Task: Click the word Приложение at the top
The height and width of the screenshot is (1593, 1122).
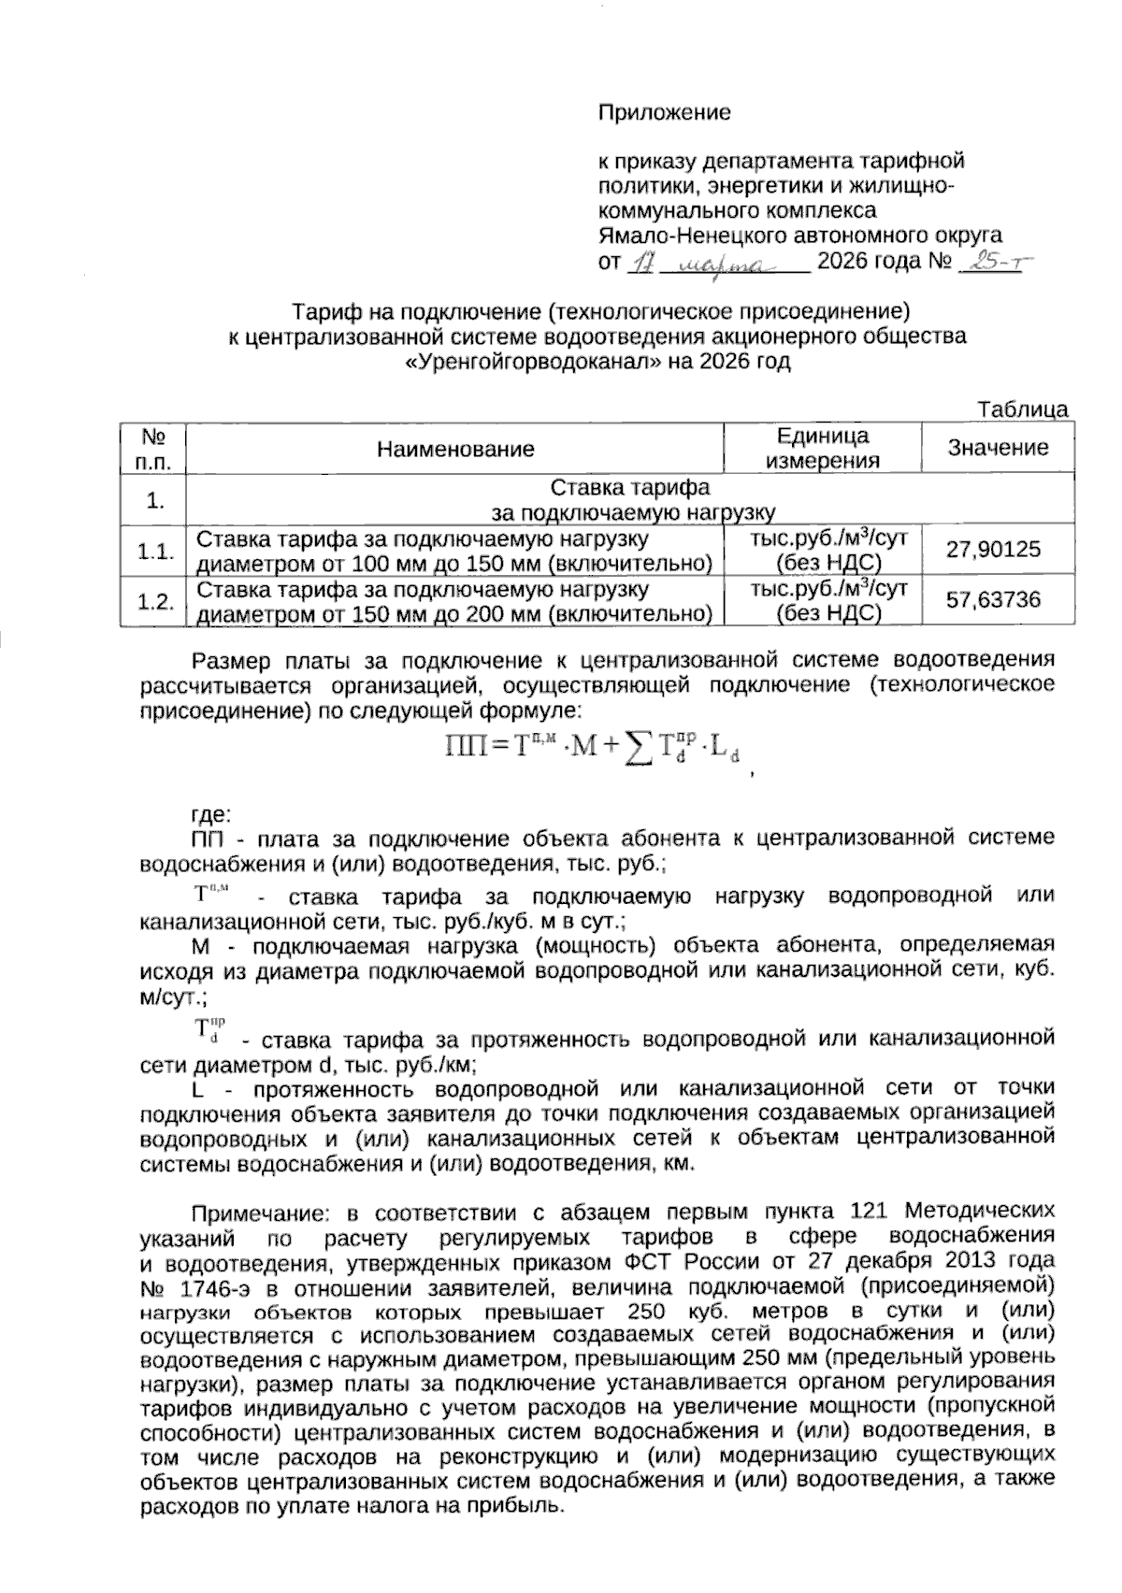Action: (664, 113)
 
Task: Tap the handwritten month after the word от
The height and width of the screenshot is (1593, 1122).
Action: (721, 265)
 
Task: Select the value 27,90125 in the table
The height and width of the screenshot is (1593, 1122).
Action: (993, 549)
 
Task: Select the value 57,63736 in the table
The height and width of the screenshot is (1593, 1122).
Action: (993, 599)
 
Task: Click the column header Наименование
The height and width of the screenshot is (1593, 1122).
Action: (455, 449)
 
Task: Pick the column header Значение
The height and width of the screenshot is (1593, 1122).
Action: (998, 448)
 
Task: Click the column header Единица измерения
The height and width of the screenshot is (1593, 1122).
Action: (822, 448)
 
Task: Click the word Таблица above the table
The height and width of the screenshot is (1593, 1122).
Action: (1023, 409)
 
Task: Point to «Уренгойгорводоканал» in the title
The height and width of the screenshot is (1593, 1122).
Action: (532, 361)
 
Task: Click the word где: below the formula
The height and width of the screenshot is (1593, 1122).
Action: (211, 812)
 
